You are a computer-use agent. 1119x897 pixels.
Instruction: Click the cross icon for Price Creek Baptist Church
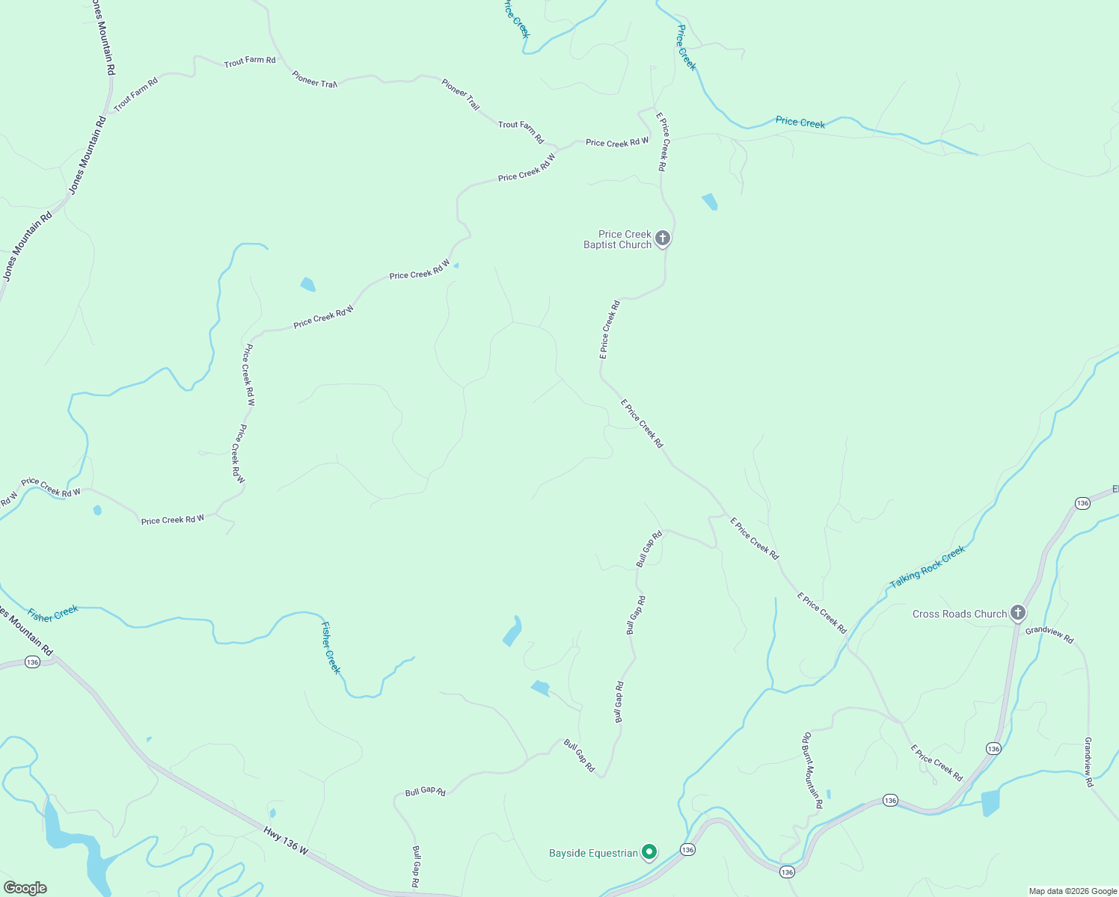point(663,238)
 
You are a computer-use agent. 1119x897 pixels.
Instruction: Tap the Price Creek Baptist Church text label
point(618,239)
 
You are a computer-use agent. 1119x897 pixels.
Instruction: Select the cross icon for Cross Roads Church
point(1017,613)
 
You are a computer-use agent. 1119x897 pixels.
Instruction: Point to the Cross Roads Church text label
point(960,614)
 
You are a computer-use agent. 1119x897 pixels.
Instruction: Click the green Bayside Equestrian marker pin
point(650,851)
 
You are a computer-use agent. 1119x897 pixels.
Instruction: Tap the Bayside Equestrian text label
point(593,853)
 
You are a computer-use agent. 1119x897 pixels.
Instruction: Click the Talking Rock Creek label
point(928,567)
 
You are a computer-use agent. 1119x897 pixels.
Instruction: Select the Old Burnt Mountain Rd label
point(812,770)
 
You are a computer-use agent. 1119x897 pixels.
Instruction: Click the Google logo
point(25,888)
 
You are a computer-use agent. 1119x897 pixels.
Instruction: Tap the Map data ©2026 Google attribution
point(1072,891)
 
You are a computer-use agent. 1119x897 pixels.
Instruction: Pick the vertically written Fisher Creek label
point(331,647)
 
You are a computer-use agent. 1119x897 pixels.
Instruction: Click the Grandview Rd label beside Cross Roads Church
point(1049,635)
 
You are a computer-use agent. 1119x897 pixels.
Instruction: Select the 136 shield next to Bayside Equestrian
point(687,849)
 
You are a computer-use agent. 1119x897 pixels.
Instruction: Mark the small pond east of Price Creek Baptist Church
point(709,202)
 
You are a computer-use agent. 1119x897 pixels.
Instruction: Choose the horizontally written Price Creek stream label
point(800,122)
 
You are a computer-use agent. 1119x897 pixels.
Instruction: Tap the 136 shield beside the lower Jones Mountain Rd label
point(31,662)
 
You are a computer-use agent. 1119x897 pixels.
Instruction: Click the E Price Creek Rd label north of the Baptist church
point(662,142)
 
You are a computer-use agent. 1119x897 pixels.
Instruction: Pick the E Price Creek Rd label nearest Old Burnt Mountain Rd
point(936,762)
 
